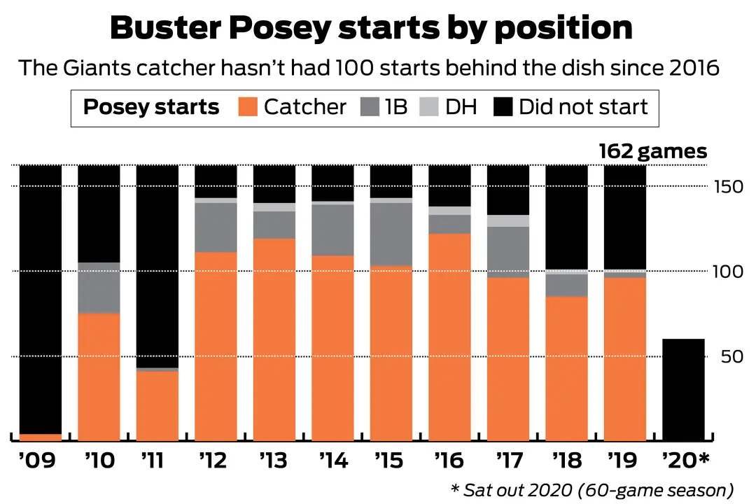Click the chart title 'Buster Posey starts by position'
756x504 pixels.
[x=371, y=28]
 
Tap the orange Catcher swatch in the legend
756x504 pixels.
[x=249, y=107]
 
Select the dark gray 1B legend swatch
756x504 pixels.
[x=370, y=107]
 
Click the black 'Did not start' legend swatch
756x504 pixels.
[x=504, y=107]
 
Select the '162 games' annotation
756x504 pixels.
[x=652, y=152]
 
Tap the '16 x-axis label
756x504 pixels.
[x=448, y=462]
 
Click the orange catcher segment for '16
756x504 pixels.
[x=449, y=336]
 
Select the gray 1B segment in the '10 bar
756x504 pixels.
[x=98, y=288]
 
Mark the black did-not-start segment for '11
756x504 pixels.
[x=157, y=266]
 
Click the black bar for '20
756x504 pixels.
[x=683, y=389]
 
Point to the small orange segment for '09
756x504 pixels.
[x=40, y=437]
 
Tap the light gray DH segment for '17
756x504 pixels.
[x=507, y=220]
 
